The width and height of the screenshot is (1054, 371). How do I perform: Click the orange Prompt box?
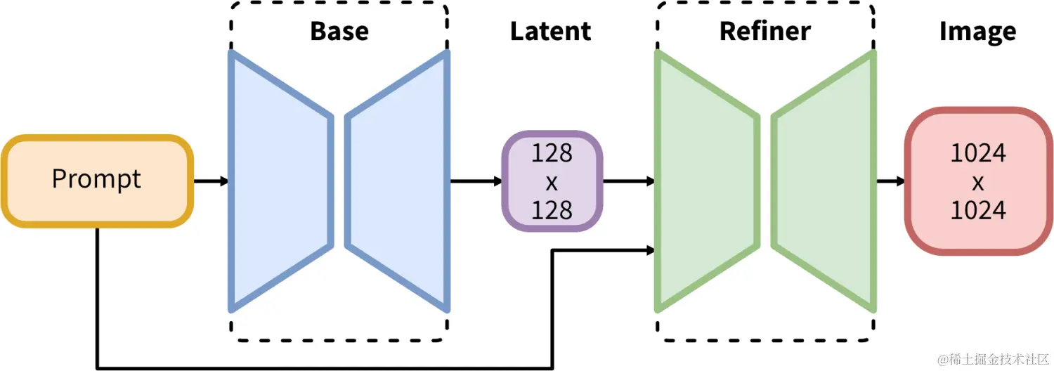click(x=97, y=181)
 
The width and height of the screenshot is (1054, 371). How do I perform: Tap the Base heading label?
click(x=339, y=32)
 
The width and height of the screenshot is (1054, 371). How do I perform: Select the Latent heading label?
click(x=550, y=32)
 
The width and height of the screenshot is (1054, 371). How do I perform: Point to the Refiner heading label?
click(x=765, y=32)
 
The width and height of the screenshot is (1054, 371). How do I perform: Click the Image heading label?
click(x=977, y=32)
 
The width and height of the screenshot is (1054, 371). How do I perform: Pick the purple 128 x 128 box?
click(x=552, y=181)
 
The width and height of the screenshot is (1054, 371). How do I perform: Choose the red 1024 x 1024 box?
click(x=978, y=181)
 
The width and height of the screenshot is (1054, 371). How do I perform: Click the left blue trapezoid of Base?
click(x=280, y=181)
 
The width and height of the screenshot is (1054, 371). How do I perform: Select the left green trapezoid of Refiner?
click(x=706, y=181)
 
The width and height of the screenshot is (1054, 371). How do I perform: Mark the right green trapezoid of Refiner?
click(x=824, y=181)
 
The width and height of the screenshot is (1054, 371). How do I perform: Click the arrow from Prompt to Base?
click(x=211, y=181)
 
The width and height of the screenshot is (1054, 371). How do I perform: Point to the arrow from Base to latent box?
click(x=476, y=181)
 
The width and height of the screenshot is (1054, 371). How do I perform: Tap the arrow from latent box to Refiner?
click(x=628, y=181)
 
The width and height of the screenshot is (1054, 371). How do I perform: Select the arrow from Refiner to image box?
click(x=890, y=181)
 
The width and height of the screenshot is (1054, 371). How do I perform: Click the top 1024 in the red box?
click(x=978, y=154)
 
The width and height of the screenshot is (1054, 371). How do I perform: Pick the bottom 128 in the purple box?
click(x=552, y=209)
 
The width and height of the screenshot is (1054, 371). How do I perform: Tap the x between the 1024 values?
click(x=978, y=183)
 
